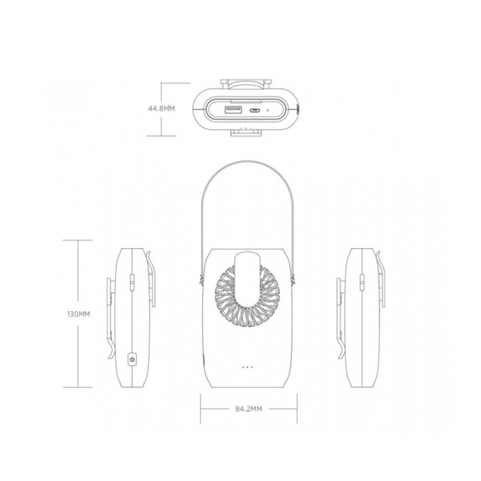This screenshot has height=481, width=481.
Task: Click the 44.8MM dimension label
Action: (162, 108)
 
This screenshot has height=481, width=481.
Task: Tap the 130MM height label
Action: (78, 314)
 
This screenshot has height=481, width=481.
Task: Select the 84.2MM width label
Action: (249, 409)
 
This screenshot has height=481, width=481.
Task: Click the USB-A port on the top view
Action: (234, 110)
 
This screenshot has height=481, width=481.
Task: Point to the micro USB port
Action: (255, 110)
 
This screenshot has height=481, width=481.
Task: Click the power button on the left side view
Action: (132, 359)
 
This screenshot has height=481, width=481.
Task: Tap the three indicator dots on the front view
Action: (247, 367)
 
